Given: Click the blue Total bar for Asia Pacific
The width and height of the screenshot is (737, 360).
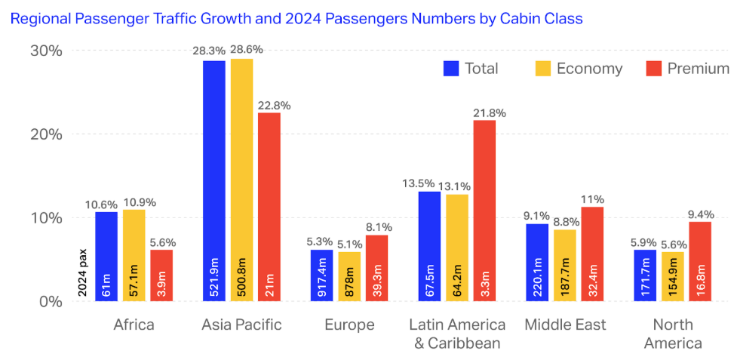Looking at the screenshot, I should pos(214,180).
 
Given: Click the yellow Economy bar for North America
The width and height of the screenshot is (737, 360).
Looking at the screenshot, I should pos(671,276).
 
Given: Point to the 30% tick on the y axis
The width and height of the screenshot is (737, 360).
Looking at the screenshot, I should pos(46,51).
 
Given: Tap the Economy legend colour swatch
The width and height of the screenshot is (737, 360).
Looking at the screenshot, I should pos(543,69).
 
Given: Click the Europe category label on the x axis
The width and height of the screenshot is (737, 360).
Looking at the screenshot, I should pos(349,325).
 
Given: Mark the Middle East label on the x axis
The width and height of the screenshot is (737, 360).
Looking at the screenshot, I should pos(564,325).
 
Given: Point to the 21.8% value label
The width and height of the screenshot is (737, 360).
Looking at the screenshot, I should pos(489,112).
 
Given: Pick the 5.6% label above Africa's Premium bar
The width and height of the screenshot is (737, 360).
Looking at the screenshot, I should pos(161,242).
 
